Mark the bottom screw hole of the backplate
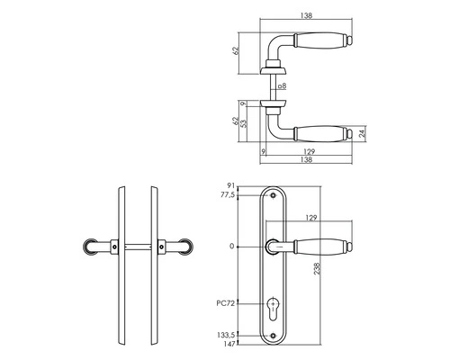tap(276, 337)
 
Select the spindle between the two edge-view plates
tap(138, 245)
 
